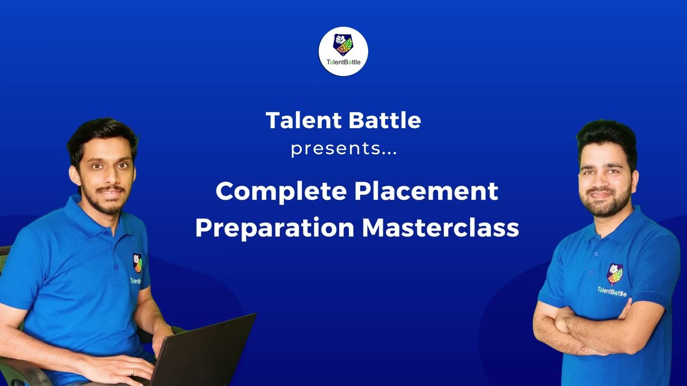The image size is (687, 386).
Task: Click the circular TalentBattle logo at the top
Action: coord(343,51)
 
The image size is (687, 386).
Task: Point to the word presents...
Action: coord(343,149)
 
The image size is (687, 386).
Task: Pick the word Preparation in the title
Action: coord(274,228)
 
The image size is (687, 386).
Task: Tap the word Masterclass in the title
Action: coord(440,228)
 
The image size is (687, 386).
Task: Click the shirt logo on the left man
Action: coord(137,263)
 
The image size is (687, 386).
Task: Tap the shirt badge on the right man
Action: coord(615,274)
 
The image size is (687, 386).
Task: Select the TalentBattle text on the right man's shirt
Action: coord(612,291)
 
